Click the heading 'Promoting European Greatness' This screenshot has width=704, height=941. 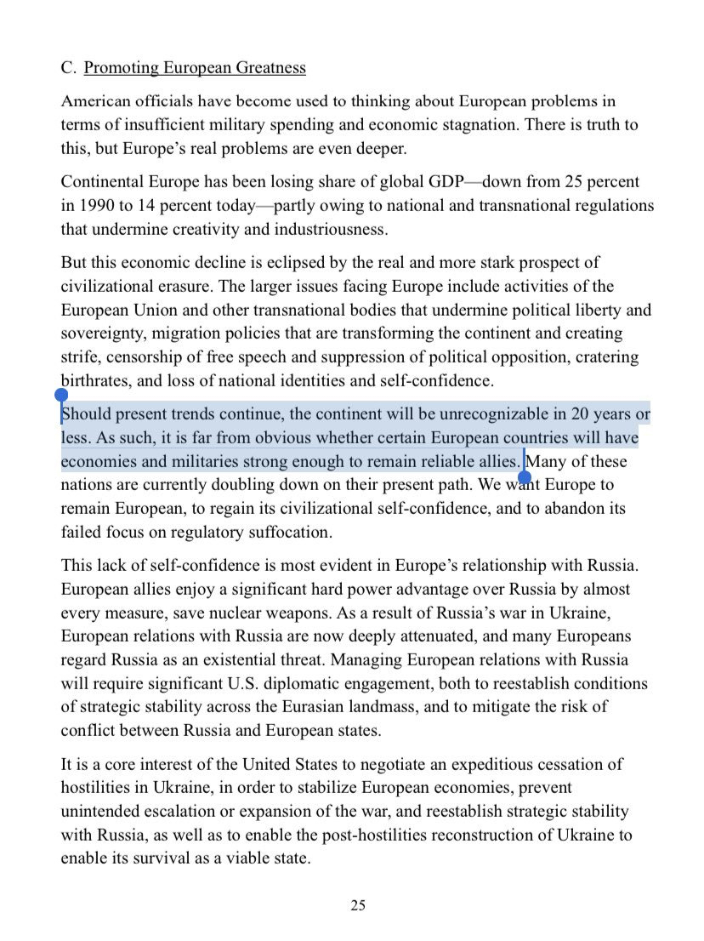[x=195, y=67]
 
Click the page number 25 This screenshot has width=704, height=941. [x=358, y=905]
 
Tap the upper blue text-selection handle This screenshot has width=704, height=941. [x=61, y=396]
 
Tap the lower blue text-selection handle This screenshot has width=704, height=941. [x=525, y=477]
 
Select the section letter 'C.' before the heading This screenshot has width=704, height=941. [x=69, y=67]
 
